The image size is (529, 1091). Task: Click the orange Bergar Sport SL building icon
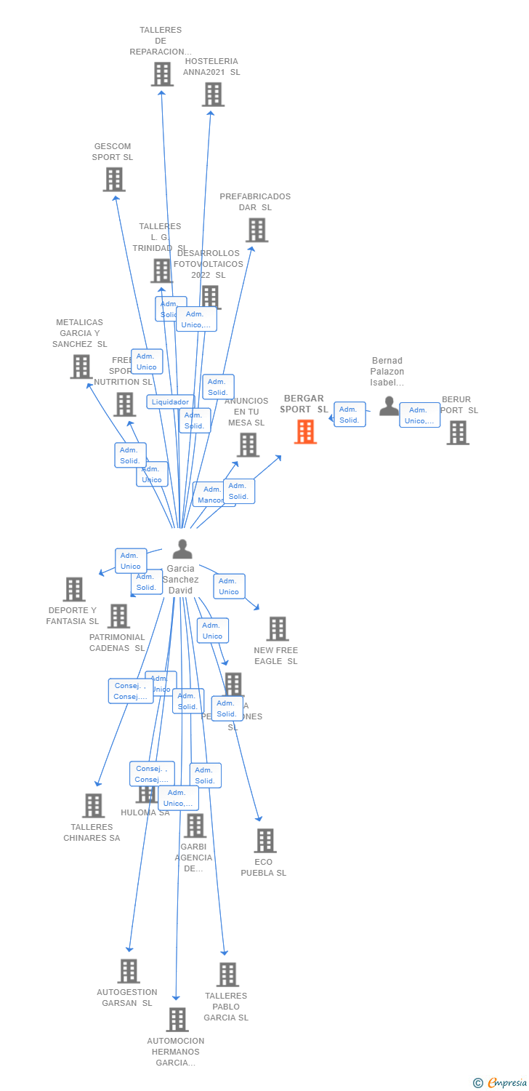(x=305, y=431)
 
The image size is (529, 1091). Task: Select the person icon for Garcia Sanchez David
(x=182, y=549)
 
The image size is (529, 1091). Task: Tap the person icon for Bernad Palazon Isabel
(x=389, y=406)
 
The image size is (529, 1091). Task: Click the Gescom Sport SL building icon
(x=114, y=179)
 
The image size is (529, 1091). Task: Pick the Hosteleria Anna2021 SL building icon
(x=213, y=95)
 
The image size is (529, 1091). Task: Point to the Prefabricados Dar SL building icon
(x=257, y=230)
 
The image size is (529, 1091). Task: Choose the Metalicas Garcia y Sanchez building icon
(x=81, y=367)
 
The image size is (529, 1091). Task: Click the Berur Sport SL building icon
(x=457, y=432)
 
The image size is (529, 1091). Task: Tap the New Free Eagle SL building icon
(x=278, y=628)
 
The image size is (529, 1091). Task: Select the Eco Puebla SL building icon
(x=265, y=841)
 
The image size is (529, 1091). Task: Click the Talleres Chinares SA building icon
(x=93, y=805)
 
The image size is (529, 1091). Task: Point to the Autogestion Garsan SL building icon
(x=129, y=971)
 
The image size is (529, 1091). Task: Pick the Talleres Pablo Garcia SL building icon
(x=227, y=975)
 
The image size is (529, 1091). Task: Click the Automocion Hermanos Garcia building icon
(x=177, y=1020)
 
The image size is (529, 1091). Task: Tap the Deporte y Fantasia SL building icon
(x=74, y=589)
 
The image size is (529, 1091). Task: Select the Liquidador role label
(x=170, y=401)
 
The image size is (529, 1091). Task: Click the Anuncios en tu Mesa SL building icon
(x=248, y=444)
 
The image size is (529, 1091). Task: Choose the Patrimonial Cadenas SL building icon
(x=118, y=616)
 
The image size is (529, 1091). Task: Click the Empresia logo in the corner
(x=501, y=1083)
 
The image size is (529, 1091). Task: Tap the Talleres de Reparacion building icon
(x=162, y=74)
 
